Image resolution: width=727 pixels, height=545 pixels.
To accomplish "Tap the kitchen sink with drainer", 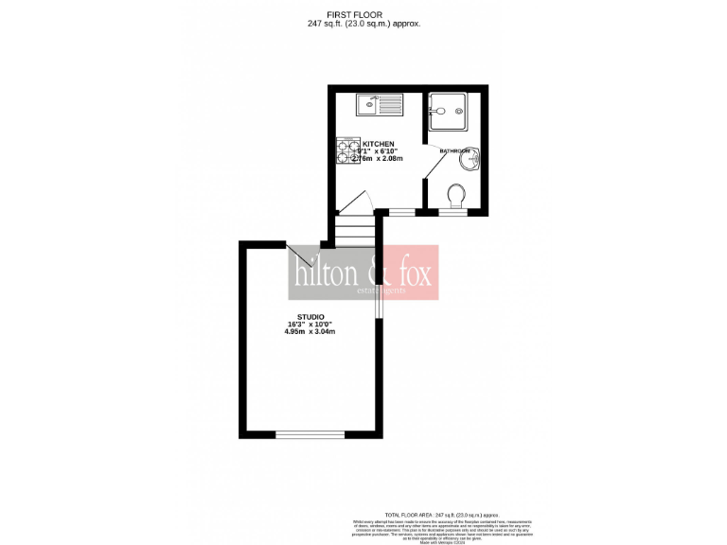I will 379,103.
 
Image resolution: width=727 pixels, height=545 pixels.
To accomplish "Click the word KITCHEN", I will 379,144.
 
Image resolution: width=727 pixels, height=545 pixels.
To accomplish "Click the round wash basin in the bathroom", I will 469,161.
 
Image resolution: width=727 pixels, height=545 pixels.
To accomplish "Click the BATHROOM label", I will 454,151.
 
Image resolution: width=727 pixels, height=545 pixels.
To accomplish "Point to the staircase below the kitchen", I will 356,232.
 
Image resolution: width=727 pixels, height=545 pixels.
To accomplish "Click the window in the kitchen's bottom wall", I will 402,214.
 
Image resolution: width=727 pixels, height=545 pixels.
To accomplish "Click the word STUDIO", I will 310,316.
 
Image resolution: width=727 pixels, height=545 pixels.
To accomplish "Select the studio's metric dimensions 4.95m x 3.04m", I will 310,331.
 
